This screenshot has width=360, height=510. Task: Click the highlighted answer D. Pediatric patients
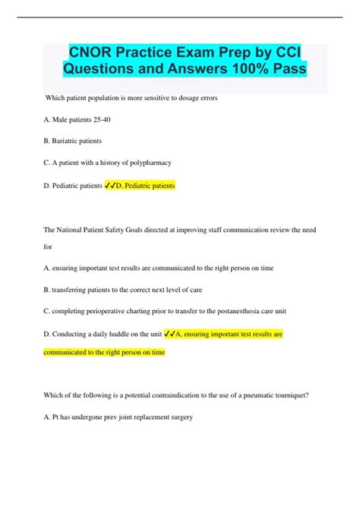click(x=147, y=185)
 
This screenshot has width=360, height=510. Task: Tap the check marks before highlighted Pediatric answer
click(x=109, y=185)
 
